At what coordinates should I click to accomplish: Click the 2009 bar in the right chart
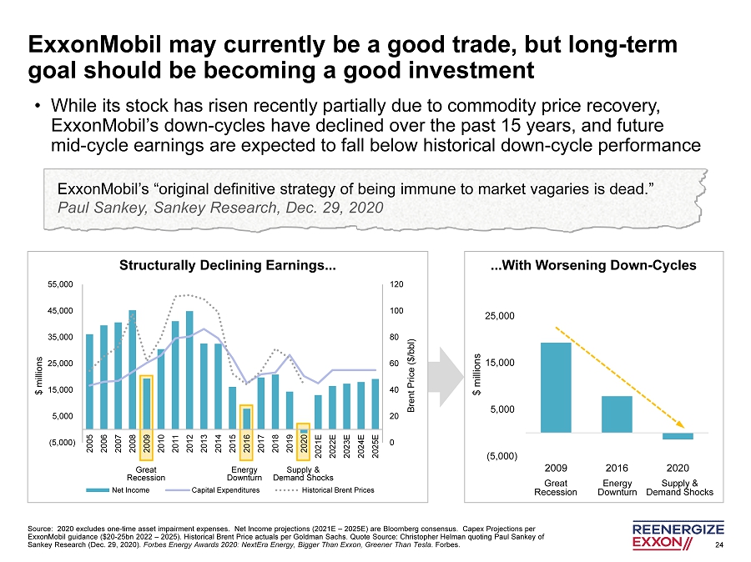[556, 388]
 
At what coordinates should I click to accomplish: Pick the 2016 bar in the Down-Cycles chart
[617, 414]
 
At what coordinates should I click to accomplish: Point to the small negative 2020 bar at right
[678, 436]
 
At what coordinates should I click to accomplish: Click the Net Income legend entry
[127, 489]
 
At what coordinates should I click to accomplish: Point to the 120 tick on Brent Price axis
[396, 284]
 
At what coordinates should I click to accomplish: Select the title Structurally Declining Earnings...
[229, 267]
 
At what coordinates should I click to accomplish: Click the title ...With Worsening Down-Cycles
[593, 267]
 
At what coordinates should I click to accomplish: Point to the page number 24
[720, 546]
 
